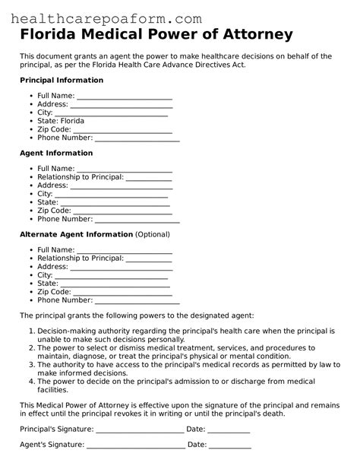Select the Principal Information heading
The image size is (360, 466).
click(61, 80)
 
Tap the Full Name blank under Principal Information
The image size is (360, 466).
click(125, 96)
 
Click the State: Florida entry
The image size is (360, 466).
click(61, 121)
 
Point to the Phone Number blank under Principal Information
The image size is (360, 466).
click(137, 138)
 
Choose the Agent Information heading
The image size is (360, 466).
click(55, 153)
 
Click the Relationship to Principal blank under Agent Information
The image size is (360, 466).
click(149, 177)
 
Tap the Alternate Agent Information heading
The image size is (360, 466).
click(76, 234)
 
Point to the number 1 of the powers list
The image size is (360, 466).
click(31, 331)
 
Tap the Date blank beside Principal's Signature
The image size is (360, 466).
click(229, 430)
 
